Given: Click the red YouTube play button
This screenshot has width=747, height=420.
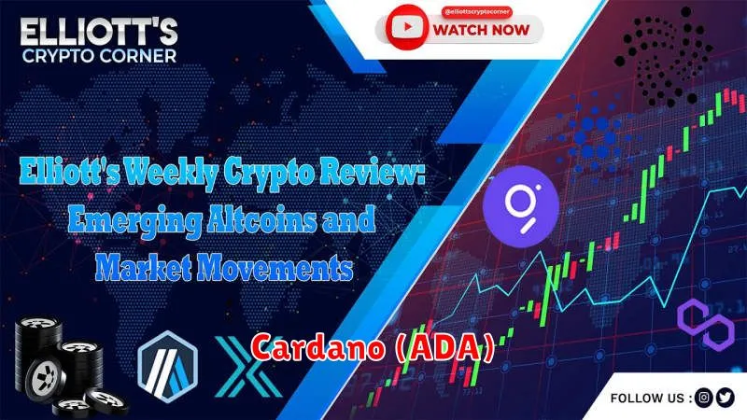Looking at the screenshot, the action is (x=406, y=27).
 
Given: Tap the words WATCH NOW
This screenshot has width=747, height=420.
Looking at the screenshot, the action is (x=481, y=30).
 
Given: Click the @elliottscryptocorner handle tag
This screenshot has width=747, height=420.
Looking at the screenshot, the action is (x=476, y=11).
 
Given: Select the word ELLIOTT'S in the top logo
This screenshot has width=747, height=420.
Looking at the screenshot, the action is (x=99, y=33).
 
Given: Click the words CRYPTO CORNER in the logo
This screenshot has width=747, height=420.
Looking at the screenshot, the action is (x=99, y=56).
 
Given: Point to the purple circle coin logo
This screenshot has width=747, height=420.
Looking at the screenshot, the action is (x=521, y=206).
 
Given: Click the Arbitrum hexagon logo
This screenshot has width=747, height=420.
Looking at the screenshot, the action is (x=167, y=366).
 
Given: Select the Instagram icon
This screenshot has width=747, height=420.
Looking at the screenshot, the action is (x=703, y=398).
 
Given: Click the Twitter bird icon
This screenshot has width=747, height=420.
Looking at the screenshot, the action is (x=726, y=398).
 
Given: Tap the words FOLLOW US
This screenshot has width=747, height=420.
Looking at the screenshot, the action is (x=647, y=399).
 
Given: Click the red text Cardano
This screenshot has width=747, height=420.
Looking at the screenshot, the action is (x=317, y=347).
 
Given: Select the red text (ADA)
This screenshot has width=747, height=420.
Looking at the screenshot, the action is (x=445, y=347).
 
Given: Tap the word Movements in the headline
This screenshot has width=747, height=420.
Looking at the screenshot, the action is (x=275, y=267).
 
